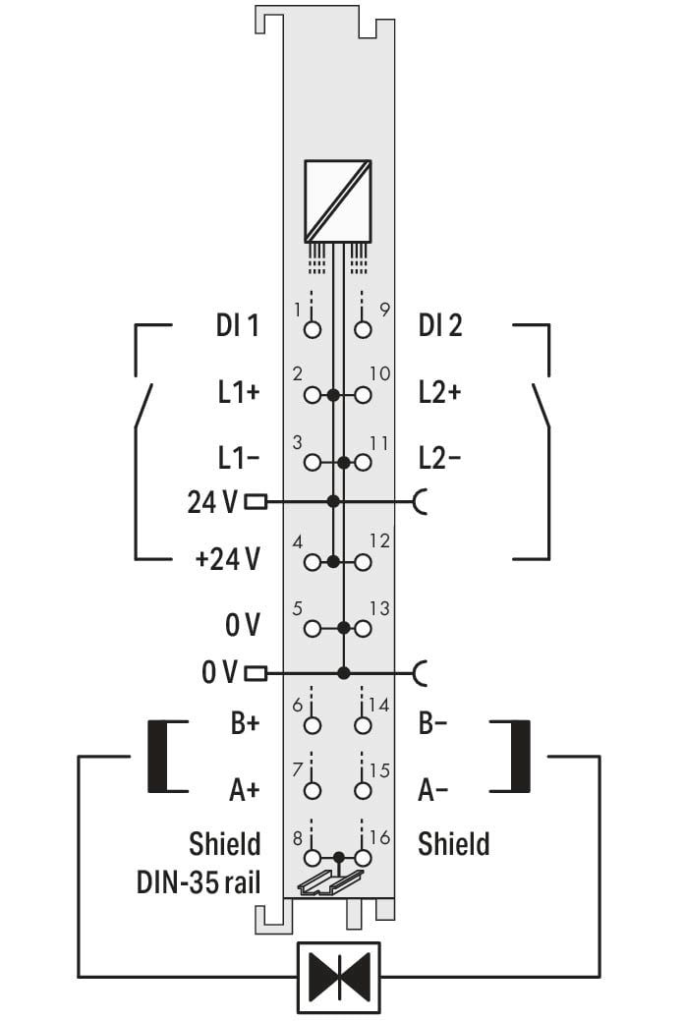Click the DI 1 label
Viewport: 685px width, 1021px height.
coord(238,325)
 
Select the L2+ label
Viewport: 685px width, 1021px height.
coord(440,393)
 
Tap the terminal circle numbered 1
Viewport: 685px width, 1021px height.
coord(313,329)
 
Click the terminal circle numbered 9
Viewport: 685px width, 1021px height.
coord(363,329)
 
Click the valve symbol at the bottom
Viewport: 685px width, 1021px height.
coord(339,977)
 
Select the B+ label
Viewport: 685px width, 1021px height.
coord(245,723)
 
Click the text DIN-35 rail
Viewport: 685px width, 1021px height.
coord(198,883)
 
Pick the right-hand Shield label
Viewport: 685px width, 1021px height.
coord(454,844)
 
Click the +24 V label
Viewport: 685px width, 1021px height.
coord(228,559)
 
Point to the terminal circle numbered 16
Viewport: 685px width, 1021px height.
coord(363,858)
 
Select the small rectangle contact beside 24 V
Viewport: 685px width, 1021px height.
coord(256,501)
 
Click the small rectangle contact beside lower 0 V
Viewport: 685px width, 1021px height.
coord(256,672)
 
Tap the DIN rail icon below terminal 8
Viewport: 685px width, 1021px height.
coord(329,882)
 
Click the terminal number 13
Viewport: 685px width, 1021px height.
coord(379,609)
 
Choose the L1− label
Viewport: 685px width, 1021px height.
coord(239,459)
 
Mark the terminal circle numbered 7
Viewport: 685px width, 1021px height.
coord(313,790)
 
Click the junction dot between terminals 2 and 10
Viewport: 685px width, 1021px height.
coord(333,395)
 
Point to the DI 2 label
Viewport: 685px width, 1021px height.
coord(440,325)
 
